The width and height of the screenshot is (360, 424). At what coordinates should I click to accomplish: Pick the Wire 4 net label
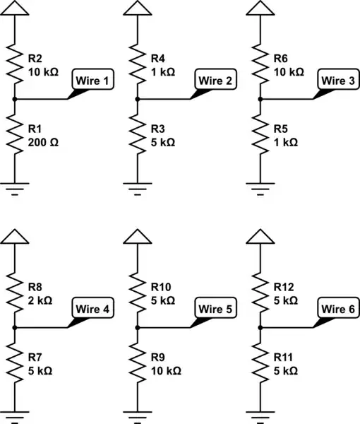click(x=92, y=309)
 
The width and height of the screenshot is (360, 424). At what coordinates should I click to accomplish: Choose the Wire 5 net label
click(x=215, y=309)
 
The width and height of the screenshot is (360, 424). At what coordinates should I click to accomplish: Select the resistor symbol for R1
click(x=14, y=135)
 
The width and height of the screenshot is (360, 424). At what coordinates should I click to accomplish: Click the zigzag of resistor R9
click(x=138, y=363)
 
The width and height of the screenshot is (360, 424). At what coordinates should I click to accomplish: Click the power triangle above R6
click(x=261, y=8)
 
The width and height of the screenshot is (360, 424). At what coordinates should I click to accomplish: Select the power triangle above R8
click(x=14, y=237)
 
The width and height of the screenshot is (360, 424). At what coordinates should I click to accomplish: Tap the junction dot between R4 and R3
click(x=138, y=100)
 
